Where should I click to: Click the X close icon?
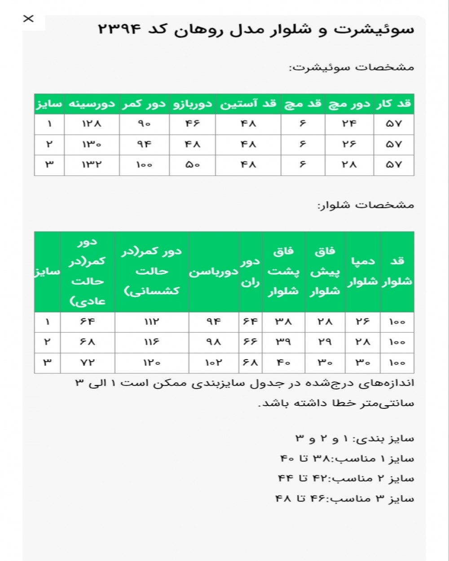pos(28,18)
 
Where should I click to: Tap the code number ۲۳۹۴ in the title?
pos(119,30)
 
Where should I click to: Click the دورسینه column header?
pos(92,104)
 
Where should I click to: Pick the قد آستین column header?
pos(248,104)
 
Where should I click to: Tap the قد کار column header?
pos(394,104)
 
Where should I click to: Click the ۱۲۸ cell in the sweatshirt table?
pos(92,124)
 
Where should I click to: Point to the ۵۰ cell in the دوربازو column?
pos(193,165)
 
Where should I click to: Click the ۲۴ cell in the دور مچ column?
pos(349,124)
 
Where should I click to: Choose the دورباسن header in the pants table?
pos(213,272)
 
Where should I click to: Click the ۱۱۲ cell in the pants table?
pos(151,322)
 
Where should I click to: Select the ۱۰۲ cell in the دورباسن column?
pos(213,363)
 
